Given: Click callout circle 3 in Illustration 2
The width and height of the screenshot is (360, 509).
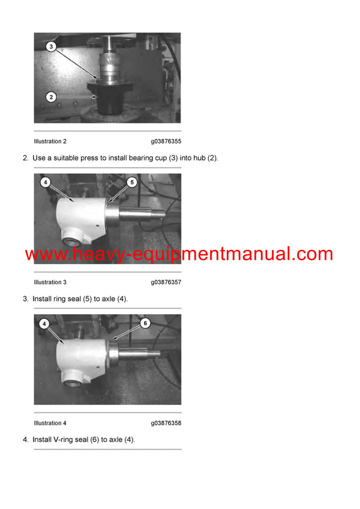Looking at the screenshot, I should [x=52, y=46].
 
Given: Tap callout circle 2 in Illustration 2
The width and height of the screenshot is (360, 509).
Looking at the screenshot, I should [x=52, y=95].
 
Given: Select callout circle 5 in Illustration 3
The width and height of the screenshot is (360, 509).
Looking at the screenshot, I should [x=133, y=181].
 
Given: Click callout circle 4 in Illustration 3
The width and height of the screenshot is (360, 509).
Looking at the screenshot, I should [x=45, y=181].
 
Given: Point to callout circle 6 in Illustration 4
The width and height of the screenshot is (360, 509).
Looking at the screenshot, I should [x=144, y=323].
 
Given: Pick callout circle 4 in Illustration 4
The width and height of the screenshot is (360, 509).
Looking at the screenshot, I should [x=45, y=323].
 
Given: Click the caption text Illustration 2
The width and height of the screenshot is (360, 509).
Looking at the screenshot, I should [x=50, y=141].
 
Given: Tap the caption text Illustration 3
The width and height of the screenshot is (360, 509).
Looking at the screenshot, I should [x=50, y=282].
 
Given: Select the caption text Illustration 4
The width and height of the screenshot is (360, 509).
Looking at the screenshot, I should [x=50, y=423].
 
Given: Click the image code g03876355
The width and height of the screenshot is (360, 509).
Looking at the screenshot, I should [x=166, y=141].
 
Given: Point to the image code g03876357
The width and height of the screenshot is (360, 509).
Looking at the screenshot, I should [x=166, y=282].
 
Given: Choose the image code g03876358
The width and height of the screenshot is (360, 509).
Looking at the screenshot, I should [x=166, y=423].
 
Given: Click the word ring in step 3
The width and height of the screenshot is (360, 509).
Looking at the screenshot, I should [x=62, y=299].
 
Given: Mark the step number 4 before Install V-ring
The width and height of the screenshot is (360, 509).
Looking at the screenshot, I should [x=25, y=439].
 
